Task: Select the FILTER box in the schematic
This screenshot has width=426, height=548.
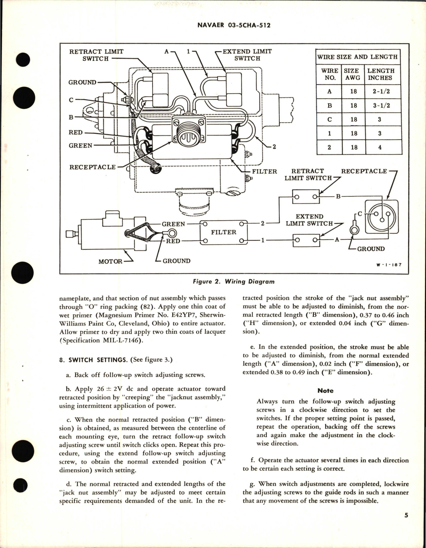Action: (x=223, y=232)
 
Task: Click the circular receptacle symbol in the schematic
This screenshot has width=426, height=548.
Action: (x=382, y=217)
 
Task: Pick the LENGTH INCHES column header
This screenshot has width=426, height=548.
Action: (x=380, y=74)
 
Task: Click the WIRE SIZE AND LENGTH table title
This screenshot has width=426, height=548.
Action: (x=357, y=57)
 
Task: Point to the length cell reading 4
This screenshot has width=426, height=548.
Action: (x=380, y=147)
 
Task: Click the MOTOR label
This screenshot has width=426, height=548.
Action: (x=110, y=261)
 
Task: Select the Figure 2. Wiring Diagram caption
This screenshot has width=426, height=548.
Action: (x=234, y=281)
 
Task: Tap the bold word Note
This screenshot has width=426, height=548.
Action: (x=325, y=391)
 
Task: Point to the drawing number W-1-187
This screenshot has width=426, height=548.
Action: (x=389, y=265)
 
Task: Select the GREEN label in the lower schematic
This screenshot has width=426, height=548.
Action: (x=173, y=224)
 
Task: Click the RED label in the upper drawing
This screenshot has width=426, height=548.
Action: (x=75, y=132)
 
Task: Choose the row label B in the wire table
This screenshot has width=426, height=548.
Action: (x=329, y=105)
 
